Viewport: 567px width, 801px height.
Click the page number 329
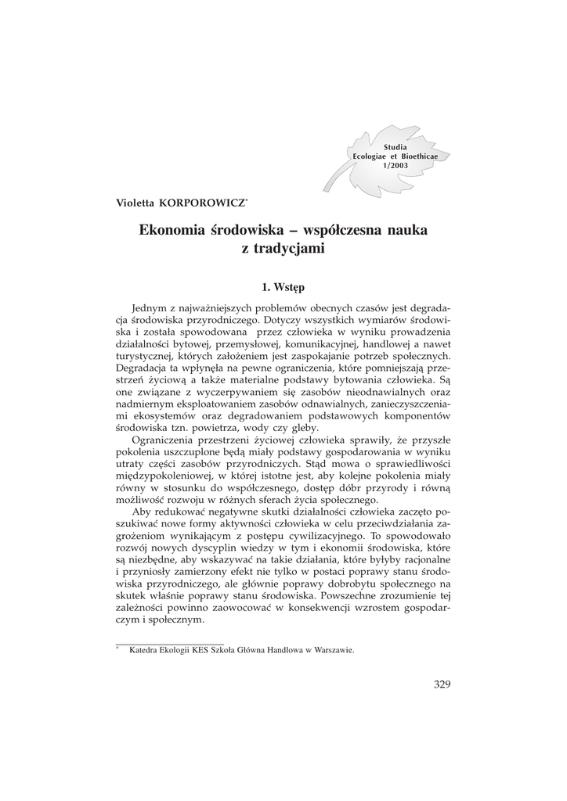tap(442, 685)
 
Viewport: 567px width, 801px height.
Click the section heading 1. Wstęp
tap(283, 287)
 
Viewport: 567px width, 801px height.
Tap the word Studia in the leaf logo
tap(395, 148)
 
